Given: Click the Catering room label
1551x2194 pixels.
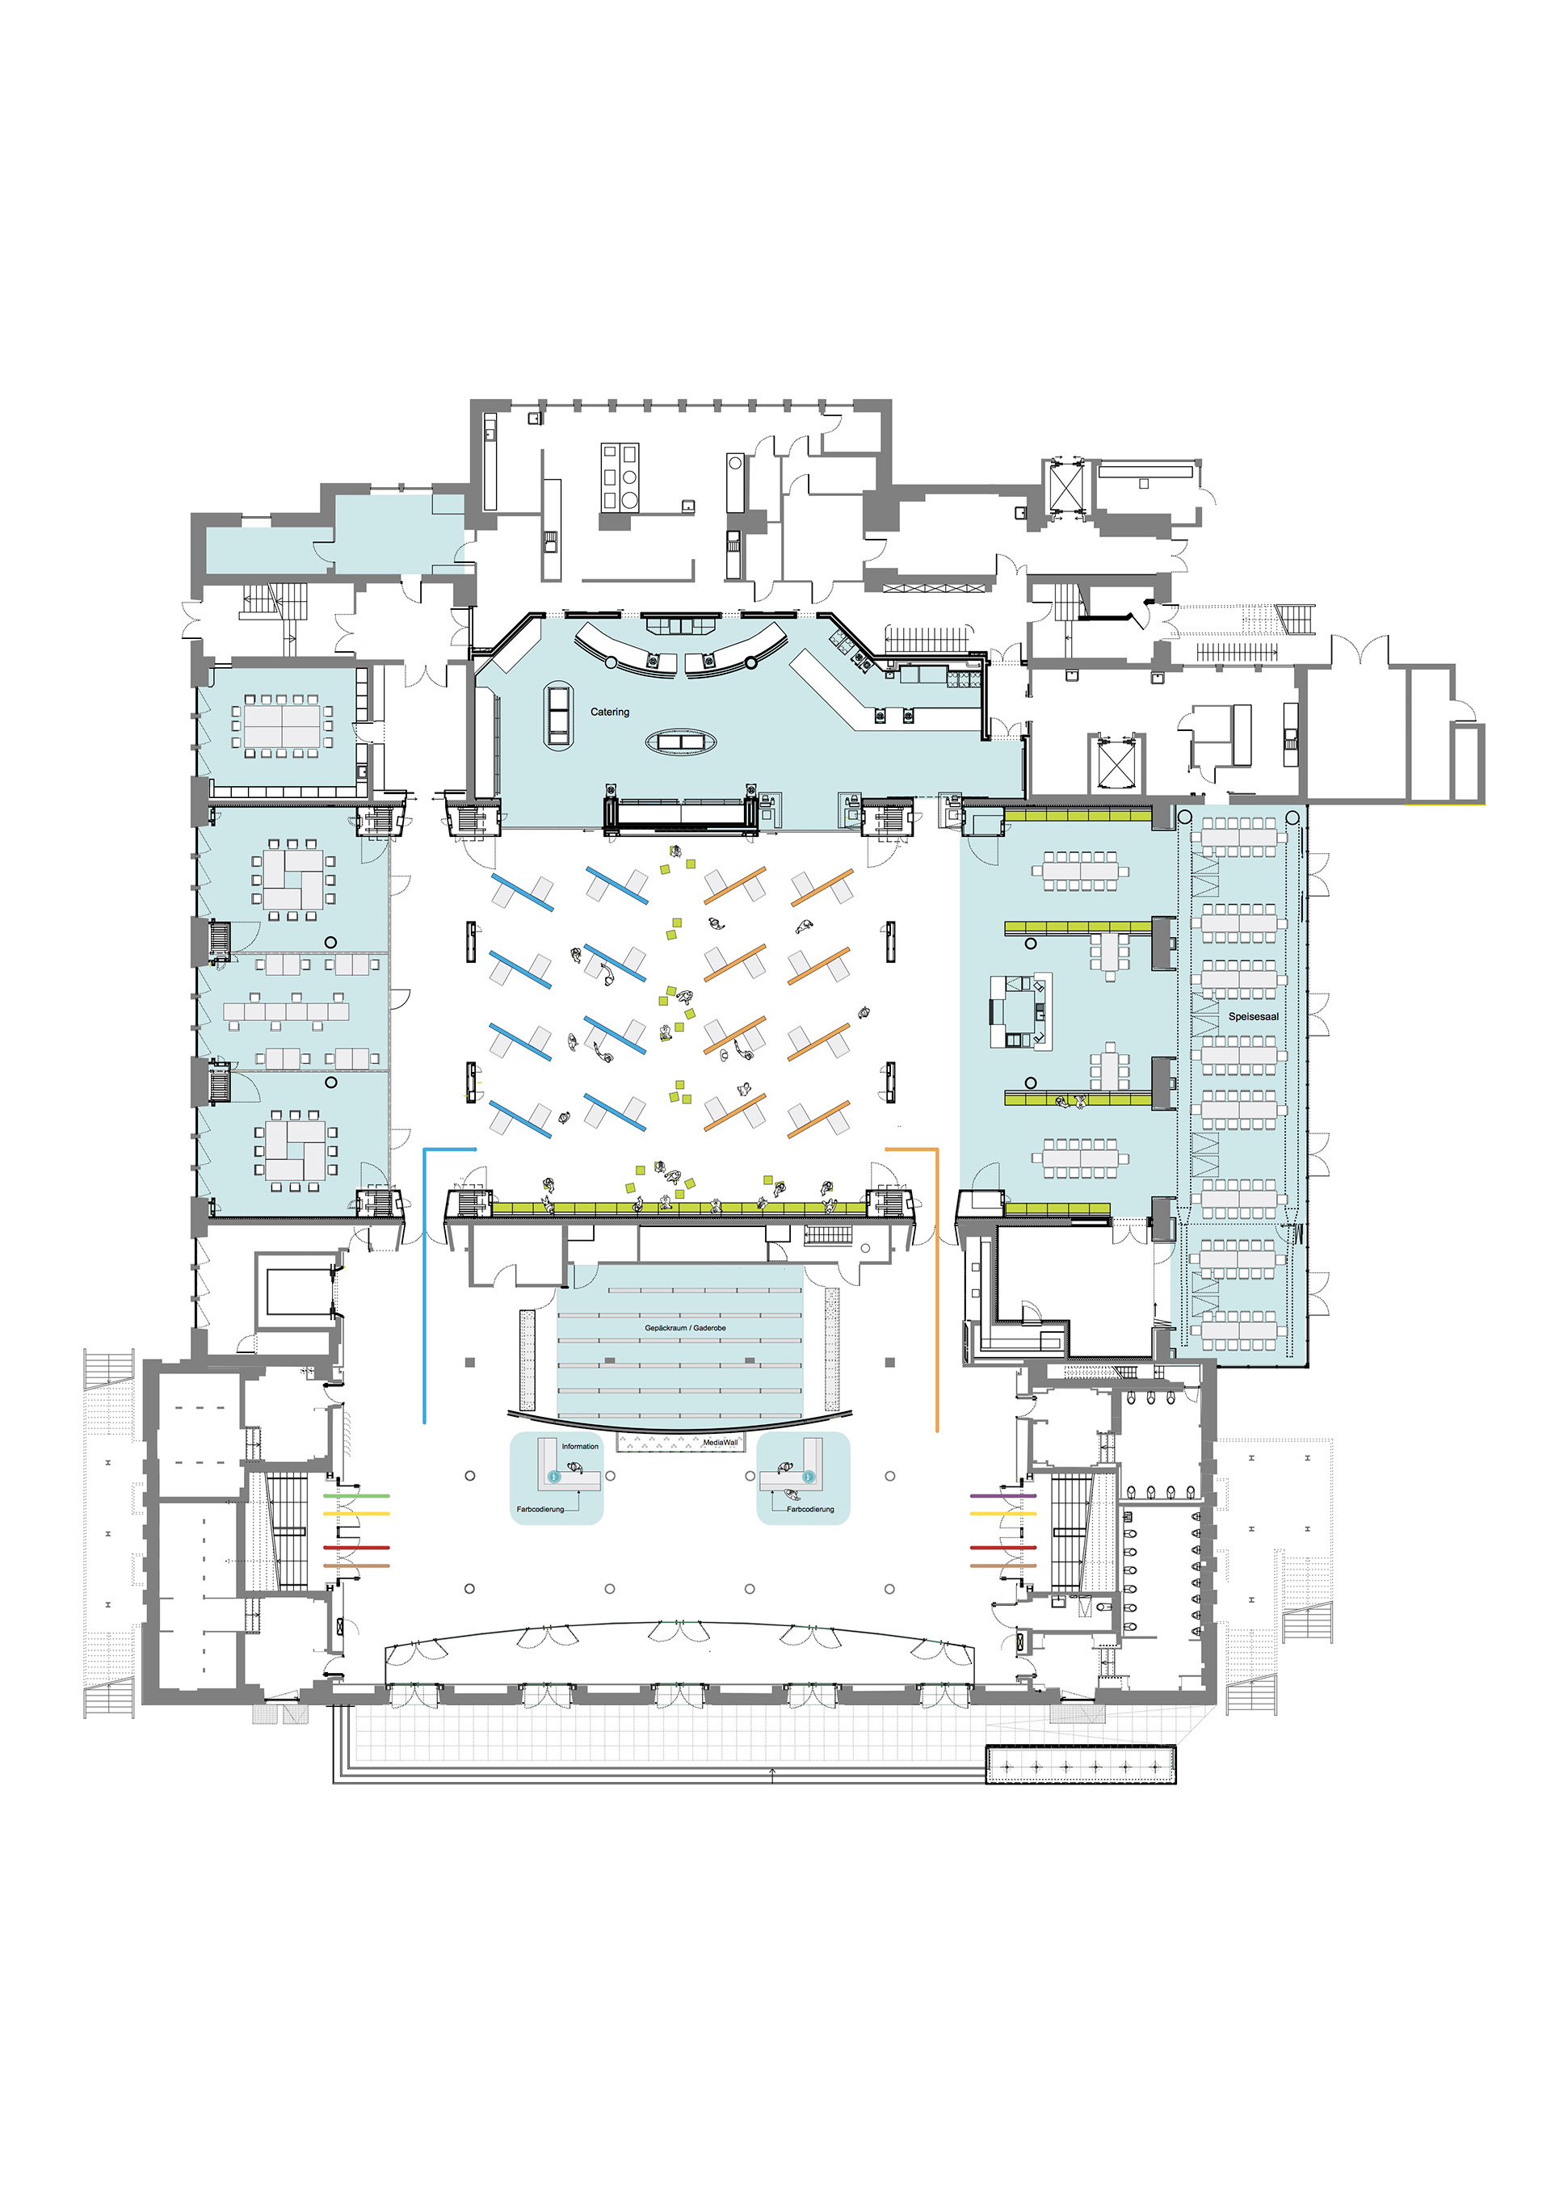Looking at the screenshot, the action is coord(610,712).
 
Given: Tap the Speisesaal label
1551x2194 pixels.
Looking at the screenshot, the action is coord(1253,1017).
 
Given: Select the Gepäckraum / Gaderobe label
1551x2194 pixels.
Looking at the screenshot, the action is coord(685,1328).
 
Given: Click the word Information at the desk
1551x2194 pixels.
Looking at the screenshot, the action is coord(580,1447).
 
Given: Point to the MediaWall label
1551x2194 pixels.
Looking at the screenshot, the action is coord(720,1443).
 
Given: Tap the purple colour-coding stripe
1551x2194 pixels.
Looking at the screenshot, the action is coord(1003,1495).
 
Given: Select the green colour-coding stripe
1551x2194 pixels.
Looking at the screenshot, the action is coord(356,1495).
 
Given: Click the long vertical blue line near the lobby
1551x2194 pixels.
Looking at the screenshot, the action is coord(424,1285).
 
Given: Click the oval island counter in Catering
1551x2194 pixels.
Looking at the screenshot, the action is coord(680,742).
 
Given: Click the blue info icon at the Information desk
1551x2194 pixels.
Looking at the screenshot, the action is coord(553,1477).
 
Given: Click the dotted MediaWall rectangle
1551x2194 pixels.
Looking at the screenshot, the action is coord(680,1443).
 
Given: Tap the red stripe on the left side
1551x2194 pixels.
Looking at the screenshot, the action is coord(356,1547).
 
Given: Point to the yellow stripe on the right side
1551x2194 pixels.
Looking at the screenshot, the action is coord(1003,1514).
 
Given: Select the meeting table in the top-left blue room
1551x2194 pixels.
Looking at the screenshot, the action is coord(283,726).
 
